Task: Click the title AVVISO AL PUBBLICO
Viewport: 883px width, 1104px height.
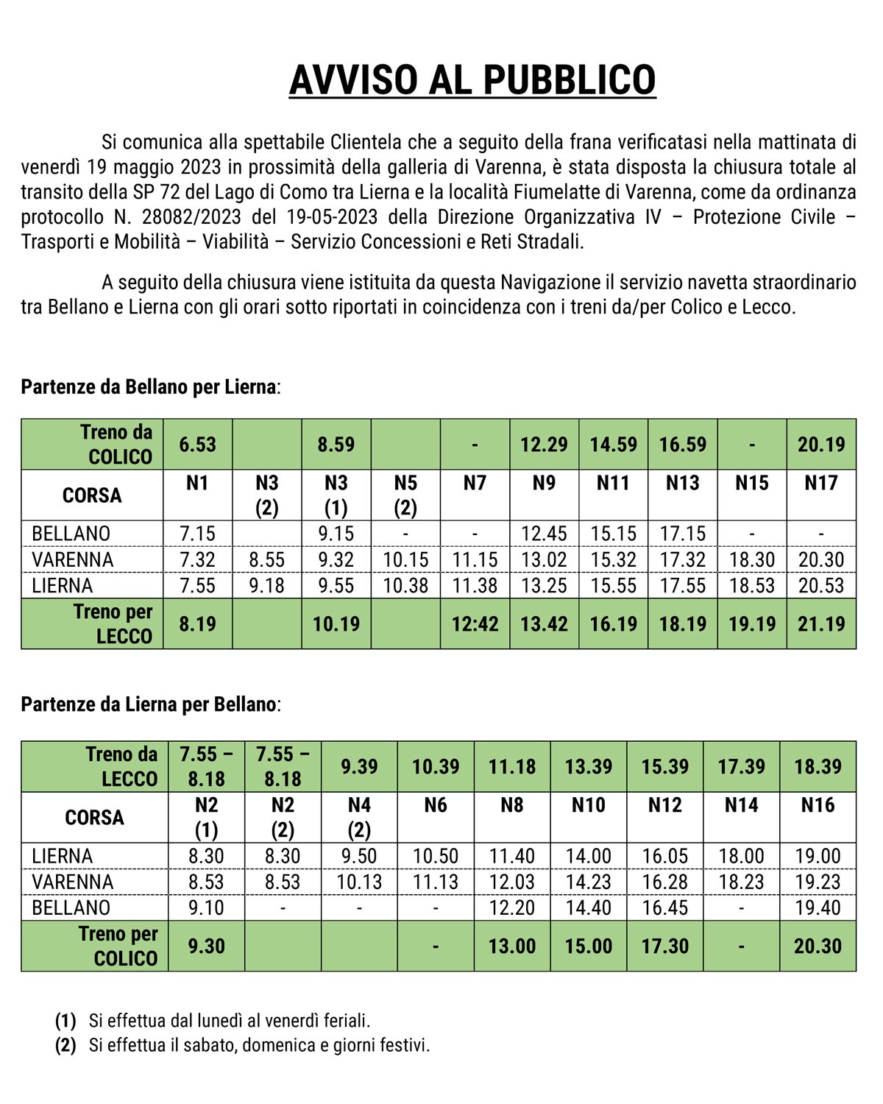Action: pyautogui.click(x=472, y=79)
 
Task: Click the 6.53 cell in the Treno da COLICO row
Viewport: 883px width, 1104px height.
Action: pyautogui.click(x=197, y=445)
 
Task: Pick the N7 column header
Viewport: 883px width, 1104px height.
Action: pyautogui.click(x=475, y=483)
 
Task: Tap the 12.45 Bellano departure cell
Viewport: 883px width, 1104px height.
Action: pyautogui.click(x=544, y=534)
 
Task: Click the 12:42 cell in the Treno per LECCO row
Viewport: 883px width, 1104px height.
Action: pyautogui.click(x=475, y=624)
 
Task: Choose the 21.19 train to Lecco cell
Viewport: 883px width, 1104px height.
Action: pyautogui.click(x=821, y=624)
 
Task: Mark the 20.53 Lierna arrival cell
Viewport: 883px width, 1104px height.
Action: pyautogui.click(x=821, y=586)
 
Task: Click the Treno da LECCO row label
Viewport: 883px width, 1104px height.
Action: pyautogui.click(x=122, y=766)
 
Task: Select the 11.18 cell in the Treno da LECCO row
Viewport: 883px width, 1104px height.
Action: pyautogui.click(x=512, y=766)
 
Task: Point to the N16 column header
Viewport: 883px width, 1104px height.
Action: pyautogui.click(x=818, y=805)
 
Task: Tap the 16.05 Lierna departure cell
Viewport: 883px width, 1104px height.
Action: pyautogui.click(x=664, y=856)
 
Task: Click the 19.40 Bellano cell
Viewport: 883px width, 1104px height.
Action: pyautogui.click(x=818, y=907)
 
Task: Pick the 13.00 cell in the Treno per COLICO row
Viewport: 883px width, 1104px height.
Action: pyautogui.click(x=512, y=946)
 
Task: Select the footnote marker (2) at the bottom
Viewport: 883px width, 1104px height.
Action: pyautogui.click(x=65, y=1045)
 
